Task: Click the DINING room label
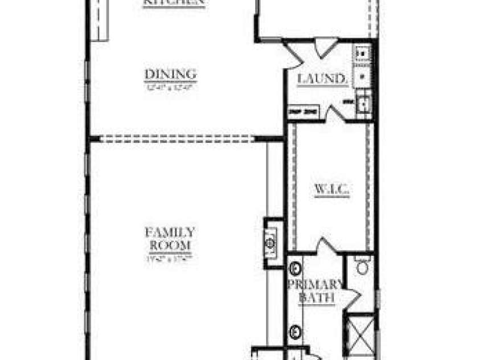[170, 75]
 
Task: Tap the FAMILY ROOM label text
[170, 239]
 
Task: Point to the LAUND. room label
[322, 79]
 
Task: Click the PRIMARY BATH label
[315, 291]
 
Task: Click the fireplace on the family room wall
[271, 242]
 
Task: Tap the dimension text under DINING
[170, 88]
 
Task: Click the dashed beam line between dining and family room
[177, 138]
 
